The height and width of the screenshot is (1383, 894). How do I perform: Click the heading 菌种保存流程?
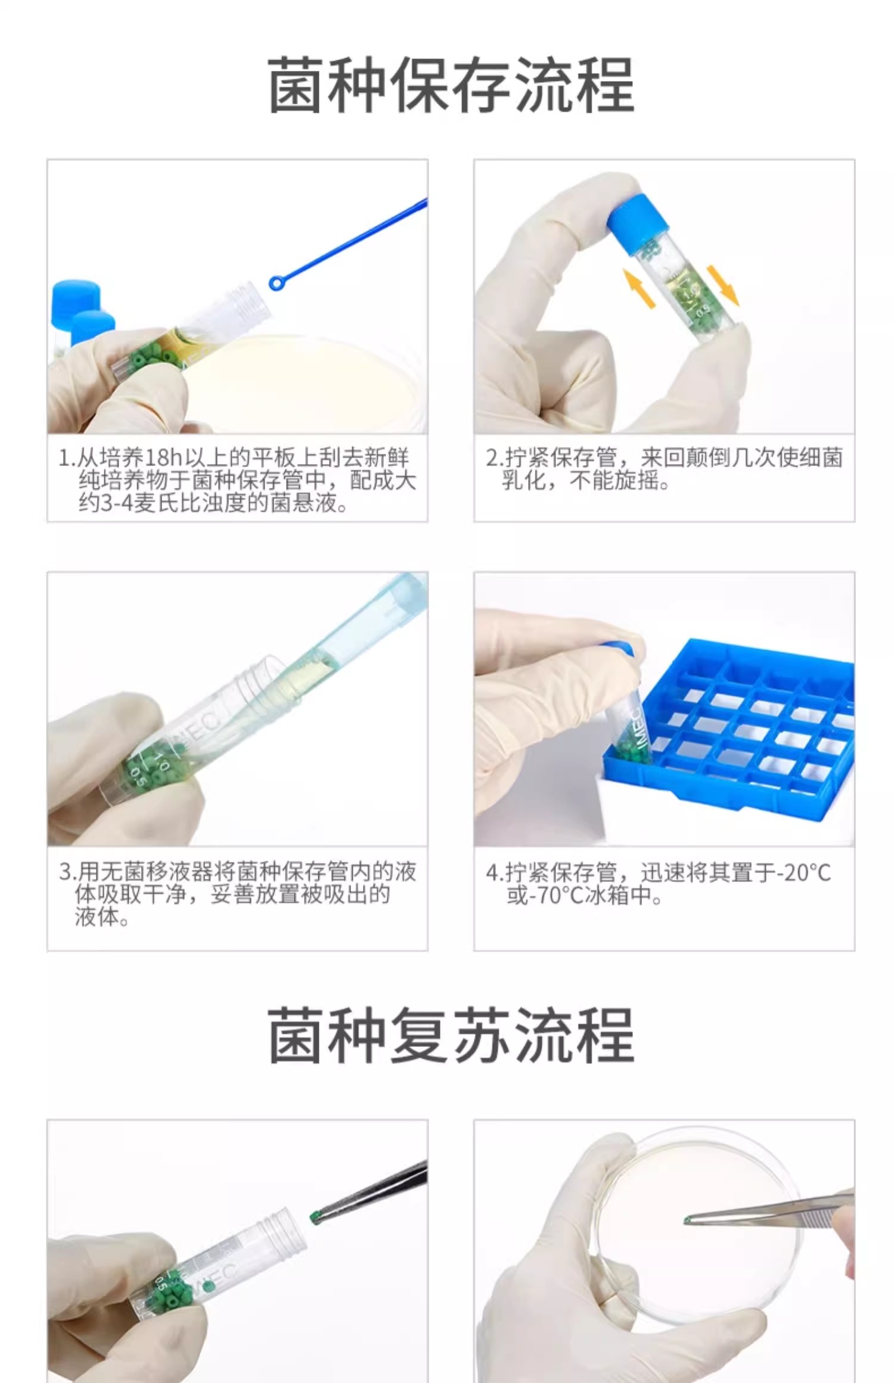pos(451,85)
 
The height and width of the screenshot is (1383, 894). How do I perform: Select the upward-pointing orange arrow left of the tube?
pos(639,288)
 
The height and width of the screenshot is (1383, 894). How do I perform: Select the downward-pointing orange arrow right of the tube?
pos(722,285)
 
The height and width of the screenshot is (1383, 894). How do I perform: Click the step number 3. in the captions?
pos(67,873)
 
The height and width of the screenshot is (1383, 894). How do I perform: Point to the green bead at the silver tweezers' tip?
pos(688,1220)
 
